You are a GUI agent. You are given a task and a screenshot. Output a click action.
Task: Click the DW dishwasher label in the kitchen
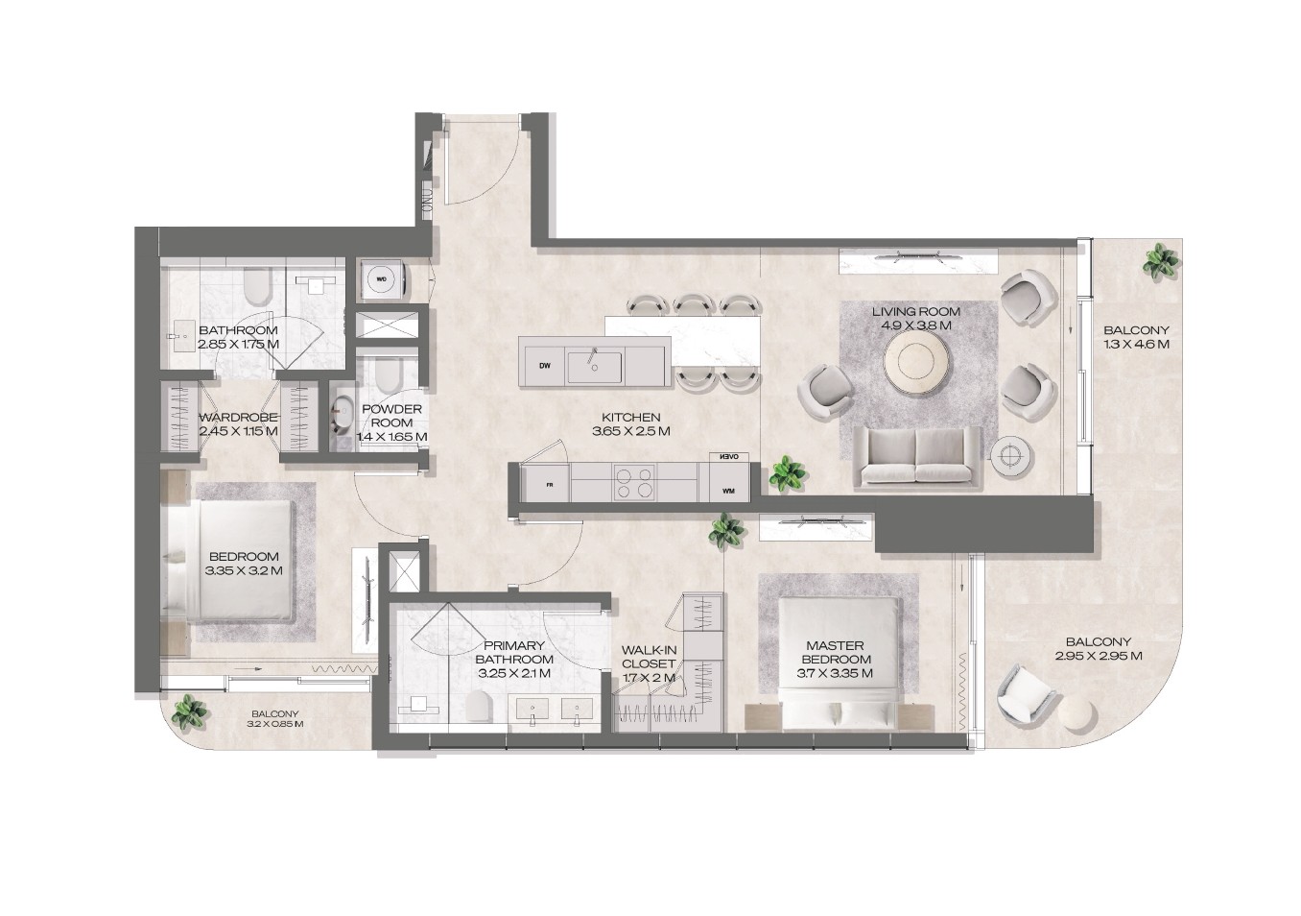pos(544,366)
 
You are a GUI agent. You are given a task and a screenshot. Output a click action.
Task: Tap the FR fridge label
pos(549,484)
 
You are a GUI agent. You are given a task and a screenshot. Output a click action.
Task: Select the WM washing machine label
pos(728,492)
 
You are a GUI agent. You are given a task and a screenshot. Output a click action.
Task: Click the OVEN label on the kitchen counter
pos(729,457)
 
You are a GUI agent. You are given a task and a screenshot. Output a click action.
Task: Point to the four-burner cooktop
pos(635,482)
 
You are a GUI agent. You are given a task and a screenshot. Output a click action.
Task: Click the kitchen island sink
pos(594,367)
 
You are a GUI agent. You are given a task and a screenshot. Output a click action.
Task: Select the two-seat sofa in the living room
pos(916,456)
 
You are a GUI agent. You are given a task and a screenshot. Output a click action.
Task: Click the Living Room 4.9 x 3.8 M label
pos(916,319)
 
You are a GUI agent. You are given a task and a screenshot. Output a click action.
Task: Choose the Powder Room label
pos(392,416)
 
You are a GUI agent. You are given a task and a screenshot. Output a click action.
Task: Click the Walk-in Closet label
pos(649,656)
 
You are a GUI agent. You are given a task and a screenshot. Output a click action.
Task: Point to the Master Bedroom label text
pos(836,652)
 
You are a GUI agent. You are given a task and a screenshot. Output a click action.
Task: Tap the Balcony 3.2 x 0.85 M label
pos(274,719)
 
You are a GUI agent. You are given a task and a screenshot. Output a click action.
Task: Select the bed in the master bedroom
pos(840,663)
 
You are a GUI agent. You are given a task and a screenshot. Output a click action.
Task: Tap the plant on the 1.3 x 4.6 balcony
pos(1161,262)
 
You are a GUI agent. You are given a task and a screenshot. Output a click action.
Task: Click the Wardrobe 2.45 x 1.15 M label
pos(239,424)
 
